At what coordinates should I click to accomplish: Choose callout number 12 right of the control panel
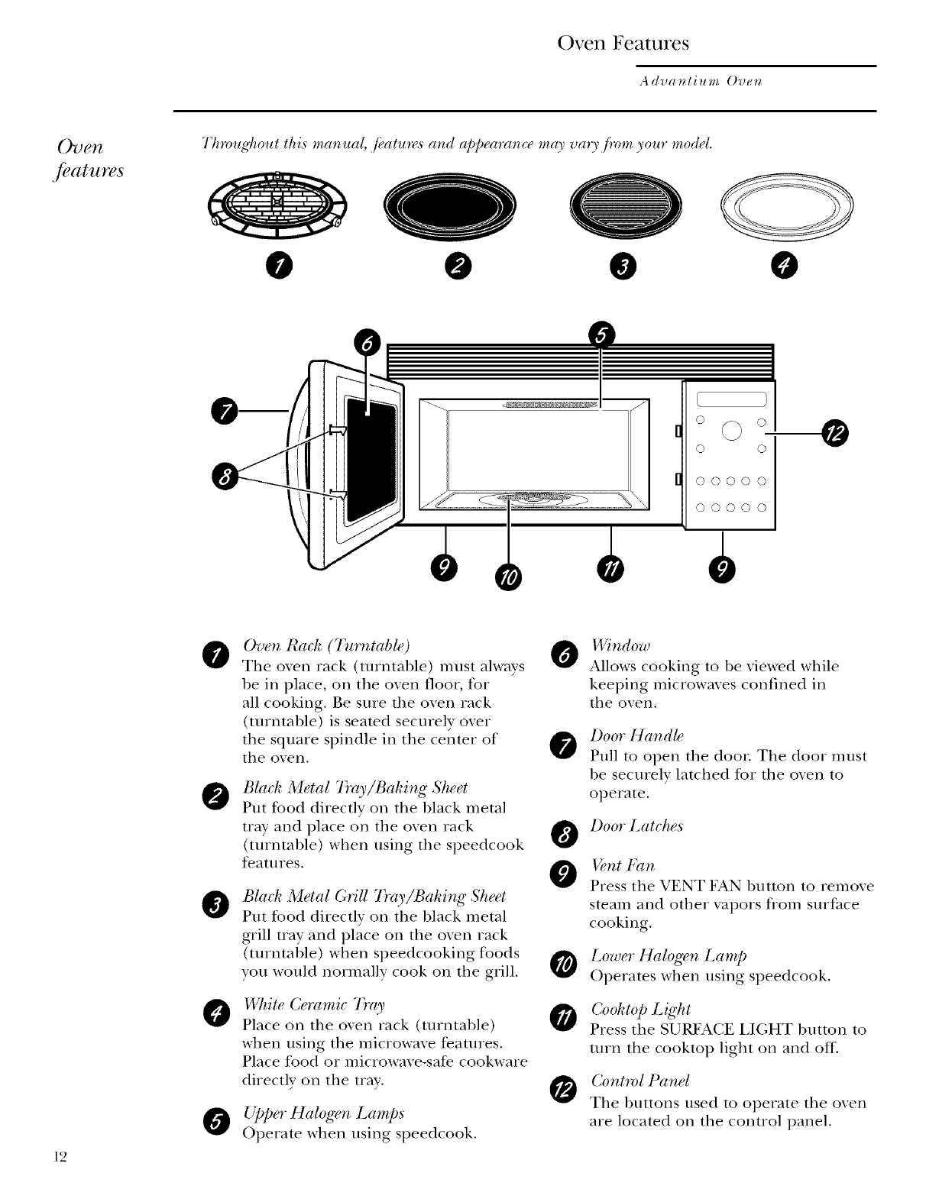[831, 432]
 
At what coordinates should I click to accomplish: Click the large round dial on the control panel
[730, 432]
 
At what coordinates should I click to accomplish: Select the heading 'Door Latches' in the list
[637, 826]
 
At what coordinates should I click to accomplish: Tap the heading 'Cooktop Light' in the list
[640, 1009]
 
